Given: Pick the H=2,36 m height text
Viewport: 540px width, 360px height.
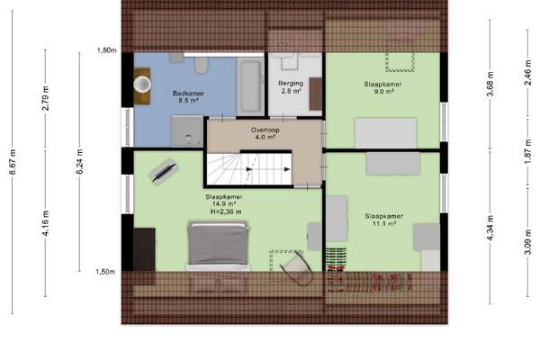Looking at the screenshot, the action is tap(226, 211).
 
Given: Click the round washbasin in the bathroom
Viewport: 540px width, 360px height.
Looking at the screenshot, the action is tap(142, 85).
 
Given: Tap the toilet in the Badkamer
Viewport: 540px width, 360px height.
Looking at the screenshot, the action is tap(202, 65).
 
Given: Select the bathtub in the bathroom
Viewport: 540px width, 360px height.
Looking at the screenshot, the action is tap(250, 85).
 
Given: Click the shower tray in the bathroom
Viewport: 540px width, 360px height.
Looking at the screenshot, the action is tap(187, 131).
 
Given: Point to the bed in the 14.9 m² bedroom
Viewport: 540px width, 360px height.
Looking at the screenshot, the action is tap(218, 247).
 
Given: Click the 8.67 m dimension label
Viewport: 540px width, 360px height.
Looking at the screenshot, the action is tap(13, 162).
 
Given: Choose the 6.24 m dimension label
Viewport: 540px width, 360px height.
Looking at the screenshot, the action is tap(79, 162).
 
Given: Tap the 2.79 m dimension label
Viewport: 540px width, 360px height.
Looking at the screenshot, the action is tap(45, 98).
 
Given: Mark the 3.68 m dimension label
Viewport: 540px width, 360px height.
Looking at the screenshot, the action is tap(490, 84).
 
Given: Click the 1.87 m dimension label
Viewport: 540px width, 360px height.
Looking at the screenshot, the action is tap(527, 152).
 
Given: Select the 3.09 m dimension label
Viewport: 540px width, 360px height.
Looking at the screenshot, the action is tap(527, 242).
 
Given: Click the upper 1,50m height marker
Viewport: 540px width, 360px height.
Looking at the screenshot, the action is tap(107, 50).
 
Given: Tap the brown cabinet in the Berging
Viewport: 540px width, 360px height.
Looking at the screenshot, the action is tap(316, 94).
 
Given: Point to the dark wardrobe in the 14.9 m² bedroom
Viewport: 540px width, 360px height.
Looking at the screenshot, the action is tap(144, 249).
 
